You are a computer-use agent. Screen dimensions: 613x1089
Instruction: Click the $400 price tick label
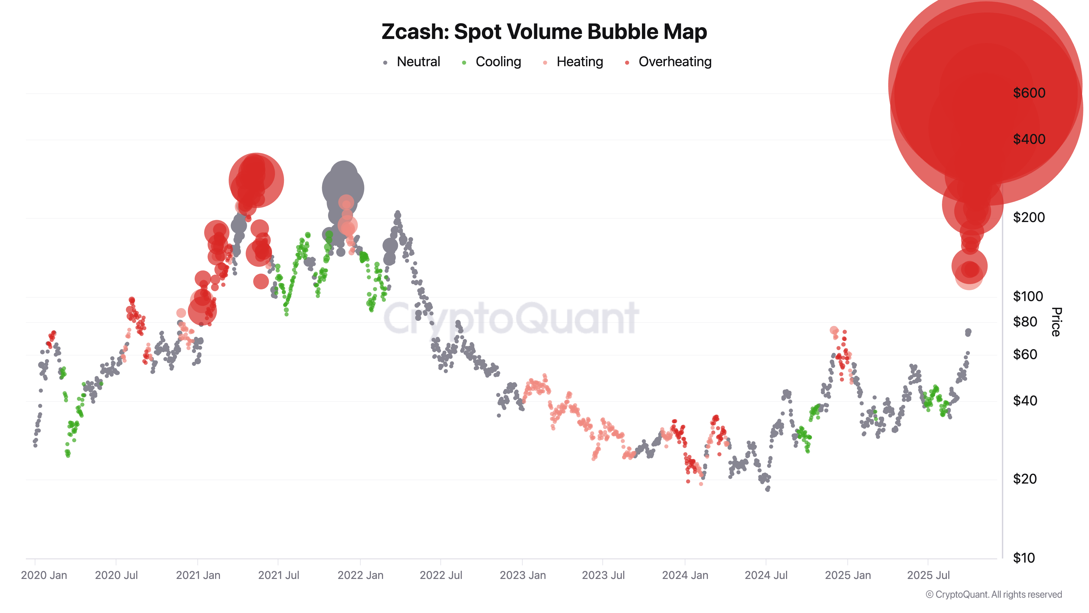point(1029,139)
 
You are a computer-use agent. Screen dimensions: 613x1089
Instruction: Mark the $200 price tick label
point(1029,217)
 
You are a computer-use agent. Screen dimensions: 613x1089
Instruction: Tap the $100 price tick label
point(1028,296)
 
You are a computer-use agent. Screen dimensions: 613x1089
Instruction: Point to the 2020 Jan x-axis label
point(44,575)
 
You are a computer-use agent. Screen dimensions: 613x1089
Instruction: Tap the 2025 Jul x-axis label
point(928,575)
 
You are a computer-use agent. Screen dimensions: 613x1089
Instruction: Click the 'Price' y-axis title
point(1056,322)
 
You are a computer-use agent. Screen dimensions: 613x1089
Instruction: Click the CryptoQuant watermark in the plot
point(511,318)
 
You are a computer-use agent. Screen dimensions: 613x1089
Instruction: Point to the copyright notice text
point(993,594)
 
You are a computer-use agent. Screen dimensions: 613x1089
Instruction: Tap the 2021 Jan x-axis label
point(198,575)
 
